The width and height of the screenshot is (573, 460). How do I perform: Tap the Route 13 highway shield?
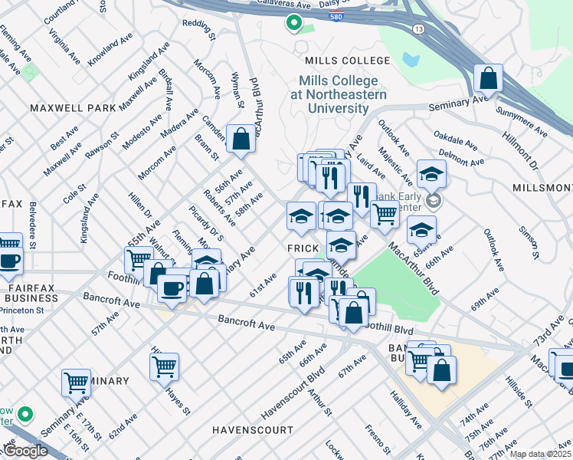tap(417, 28)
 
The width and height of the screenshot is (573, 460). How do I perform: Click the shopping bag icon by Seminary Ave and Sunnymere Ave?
tap(487, 78)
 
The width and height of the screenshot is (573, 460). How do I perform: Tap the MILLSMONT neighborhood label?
tap(542, 188)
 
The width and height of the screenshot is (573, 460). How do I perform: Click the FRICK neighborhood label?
tap(303, 249)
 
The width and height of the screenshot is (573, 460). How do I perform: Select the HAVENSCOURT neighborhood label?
tap(253, 429)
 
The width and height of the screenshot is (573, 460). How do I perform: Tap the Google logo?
tap(25, 451)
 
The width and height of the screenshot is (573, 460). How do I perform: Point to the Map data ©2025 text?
tap(540, 455)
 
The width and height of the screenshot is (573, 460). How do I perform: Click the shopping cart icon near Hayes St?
tap(164, 367)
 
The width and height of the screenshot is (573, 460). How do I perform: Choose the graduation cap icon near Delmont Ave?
tap(431, 174)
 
